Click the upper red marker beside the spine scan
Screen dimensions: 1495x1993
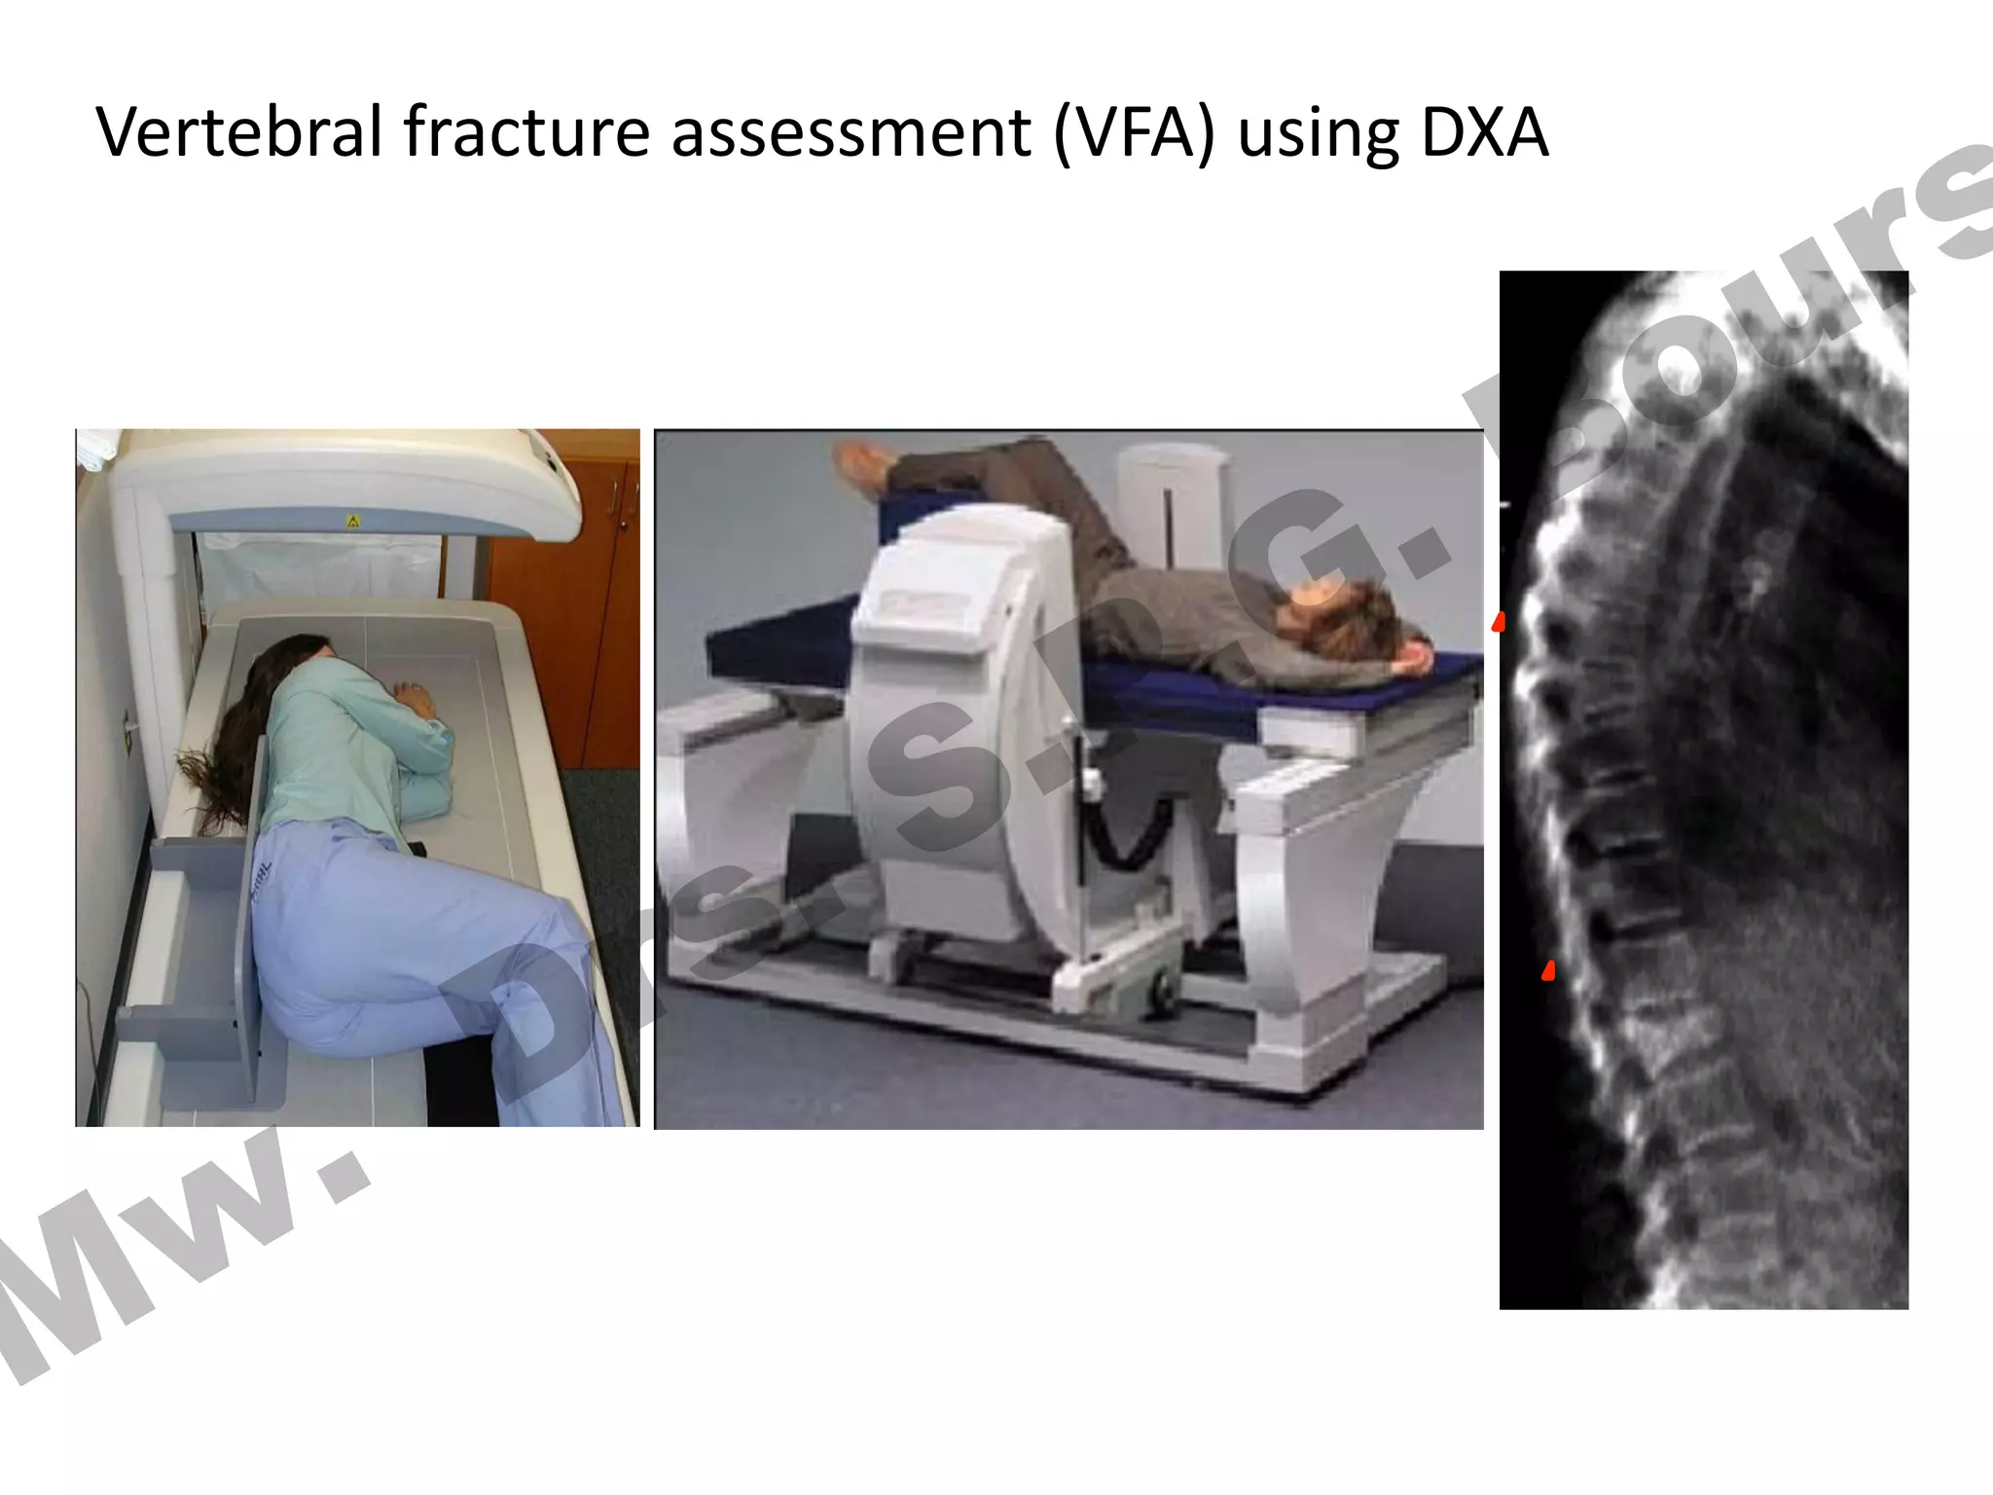pos(1500,621)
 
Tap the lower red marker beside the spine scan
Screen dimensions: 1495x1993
pos(1548,969)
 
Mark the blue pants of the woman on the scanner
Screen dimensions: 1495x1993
pos(389,954)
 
